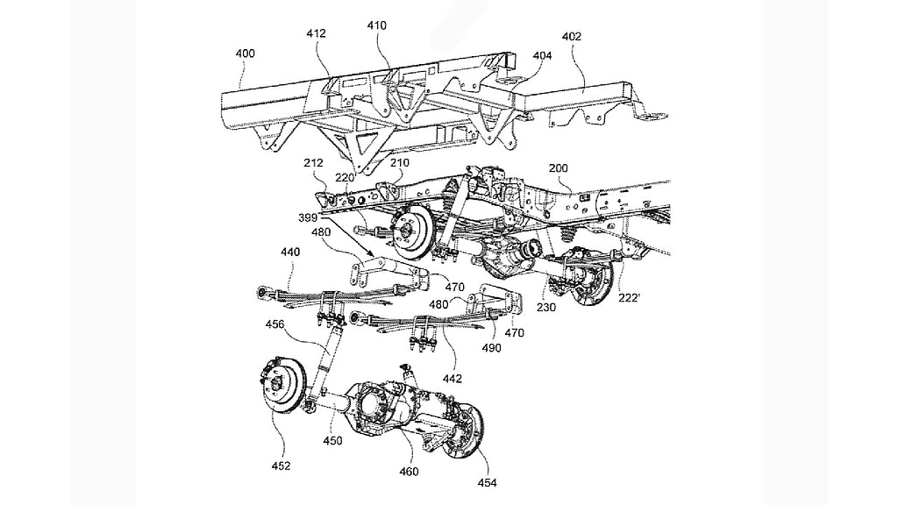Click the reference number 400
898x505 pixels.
click(246, 53)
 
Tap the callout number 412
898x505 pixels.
click(317, 33)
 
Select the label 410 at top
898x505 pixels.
click(377, 26)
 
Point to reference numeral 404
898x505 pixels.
click(543, 55)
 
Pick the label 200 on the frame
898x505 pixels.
click(559, 167)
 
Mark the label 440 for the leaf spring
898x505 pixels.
click(290, 251)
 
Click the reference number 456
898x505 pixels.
click(276, 324)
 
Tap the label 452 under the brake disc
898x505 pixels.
click(282, 465)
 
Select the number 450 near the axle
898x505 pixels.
click(332, 441)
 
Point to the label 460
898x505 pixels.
click(409, 472)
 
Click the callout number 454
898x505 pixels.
click(485, 482)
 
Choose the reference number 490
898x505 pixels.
click(492, 348)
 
